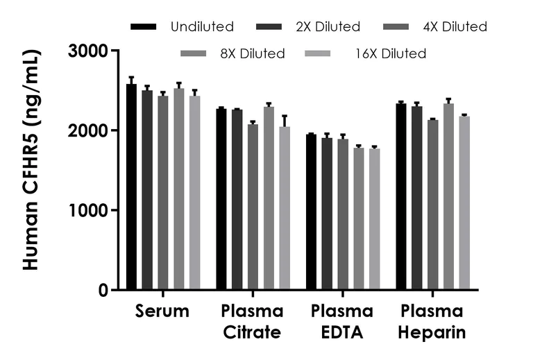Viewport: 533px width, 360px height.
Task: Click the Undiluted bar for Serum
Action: (x=131, y=187)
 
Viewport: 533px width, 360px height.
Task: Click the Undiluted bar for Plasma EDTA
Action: (x=311, y=212)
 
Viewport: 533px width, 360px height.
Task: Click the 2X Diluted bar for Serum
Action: (x=147, y=190)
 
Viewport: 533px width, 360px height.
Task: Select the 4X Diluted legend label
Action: (x=455, y=27)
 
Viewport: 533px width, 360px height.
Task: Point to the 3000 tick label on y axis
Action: (x=88, y=51)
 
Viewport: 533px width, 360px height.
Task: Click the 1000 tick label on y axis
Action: (x=88, y=210)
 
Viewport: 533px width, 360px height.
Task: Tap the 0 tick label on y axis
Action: (x=103, y=290)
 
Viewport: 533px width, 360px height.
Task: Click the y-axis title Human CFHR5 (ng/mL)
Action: (x=31, y=160)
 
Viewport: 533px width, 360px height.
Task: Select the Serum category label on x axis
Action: (x=162, y=311)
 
